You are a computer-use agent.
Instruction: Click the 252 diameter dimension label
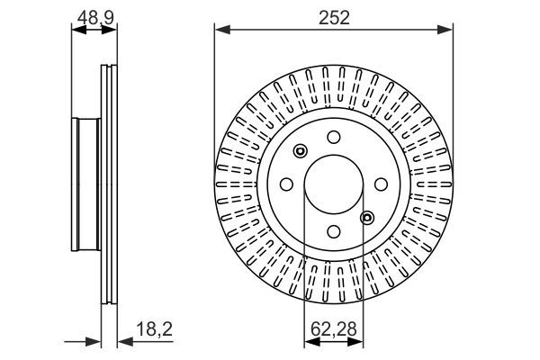(x=333, y=15)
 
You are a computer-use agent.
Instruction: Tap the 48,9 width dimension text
(x=94, y=15)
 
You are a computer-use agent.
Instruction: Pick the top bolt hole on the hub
(x=332, y=137)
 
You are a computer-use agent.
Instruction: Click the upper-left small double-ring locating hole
(x=301, y=151)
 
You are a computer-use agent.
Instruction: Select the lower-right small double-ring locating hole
(x=365, y=216)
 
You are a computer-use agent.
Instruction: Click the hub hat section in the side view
(x=85, y=184)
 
